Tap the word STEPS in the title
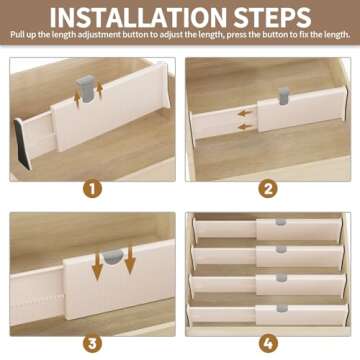(290, 17)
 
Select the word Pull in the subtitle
(19, 35)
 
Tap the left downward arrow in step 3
(99, 267)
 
